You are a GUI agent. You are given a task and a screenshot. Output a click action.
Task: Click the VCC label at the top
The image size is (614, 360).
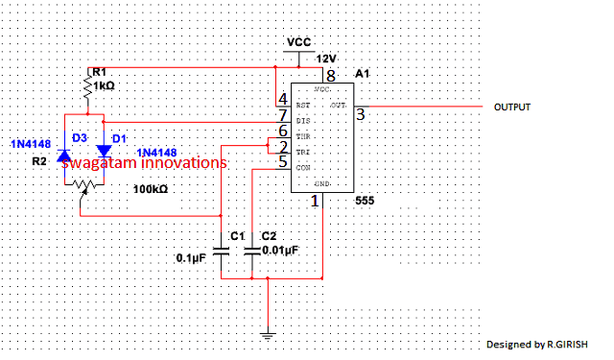click(299, 43)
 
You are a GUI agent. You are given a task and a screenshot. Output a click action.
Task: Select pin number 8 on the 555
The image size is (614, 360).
click(330, 75)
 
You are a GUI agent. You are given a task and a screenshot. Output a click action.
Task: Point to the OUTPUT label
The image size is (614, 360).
click(512, 107)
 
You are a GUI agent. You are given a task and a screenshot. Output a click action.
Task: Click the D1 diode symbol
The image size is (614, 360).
click(105, 152)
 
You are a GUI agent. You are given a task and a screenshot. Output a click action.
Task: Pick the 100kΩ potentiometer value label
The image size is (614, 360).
click(151, 190)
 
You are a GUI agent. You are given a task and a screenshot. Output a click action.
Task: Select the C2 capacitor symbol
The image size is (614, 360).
click(252, 252)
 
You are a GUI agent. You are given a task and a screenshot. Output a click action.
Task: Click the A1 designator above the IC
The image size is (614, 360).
click(361, 73)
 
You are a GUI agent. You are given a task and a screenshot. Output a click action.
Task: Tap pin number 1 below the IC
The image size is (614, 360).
click(314, 203)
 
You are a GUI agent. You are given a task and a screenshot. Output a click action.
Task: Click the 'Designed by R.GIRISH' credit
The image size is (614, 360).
click(538, 343)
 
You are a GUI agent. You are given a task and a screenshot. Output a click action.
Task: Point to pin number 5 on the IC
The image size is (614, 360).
click(282, 162)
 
